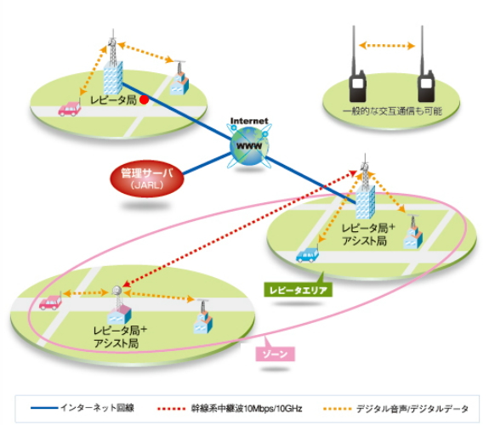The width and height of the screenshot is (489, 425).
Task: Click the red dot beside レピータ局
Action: pyautogui.click(x=144, y=99)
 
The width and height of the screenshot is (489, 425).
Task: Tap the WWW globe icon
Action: pyautogui.click(x=249, y=145)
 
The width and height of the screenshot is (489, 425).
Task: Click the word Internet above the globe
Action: pyautogui.click(x=249, y=121)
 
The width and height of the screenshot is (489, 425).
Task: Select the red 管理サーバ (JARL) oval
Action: pyautogui.click(x=147, y=178)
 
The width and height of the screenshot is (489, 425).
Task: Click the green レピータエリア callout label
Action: pyautogui.click(x=299, y=291)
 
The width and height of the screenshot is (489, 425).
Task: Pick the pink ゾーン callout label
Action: pyautogui.click(x=275, y=354)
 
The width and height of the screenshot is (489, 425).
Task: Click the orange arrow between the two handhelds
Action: pyautogui.click(x=387, y=46)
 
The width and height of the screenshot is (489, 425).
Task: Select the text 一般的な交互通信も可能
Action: pyautogui.click(x=392, y=111)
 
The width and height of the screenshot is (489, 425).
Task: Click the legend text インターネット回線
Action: pyautogui.click(x=97, y=407)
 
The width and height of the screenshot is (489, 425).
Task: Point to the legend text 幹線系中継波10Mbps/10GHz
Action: pyautogui.click(x=247, y=409)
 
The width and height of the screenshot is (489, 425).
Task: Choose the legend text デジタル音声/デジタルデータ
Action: pyautogui.click(x=412, y=409)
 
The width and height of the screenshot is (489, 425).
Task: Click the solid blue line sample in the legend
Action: pyautogui.click(x=44, y=408)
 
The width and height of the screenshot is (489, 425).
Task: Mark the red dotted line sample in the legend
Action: pyautogui.click(x=172, y=409)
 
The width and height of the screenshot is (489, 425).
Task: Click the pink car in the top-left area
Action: pyautogui.click(x=70, y=109)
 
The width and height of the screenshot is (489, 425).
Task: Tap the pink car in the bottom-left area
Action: pyautogui.click(x=50, y=302)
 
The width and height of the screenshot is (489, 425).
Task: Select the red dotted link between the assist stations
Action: pyautogui.click(x=240, y=229)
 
